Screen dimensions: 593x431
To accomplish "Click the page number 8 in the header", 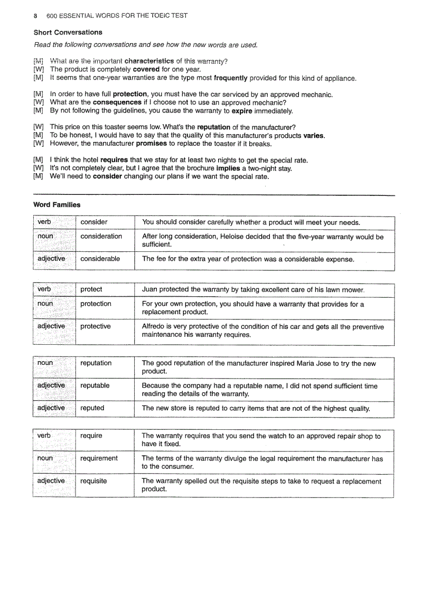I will pyautogui.click(x=35, y=15).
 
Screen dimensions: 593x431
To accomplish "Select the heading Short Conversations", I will pyautogui.click(x=68, y=32).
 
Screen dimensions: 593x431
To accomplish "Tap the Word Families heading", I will pyautogui.click(x=57, y=204).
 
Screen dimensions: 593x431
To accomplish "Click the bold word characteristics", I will pyautogui.click(x=149, y=61).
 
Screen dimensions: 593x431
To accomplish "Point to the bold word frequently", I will pyautogui.click(x=230, y=78).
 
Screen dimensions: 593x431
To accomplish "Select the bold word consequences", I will pyautogui.click(x=117, y=102).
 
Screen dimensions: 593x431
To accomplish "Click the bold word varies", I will pyautogui.click(x=314, y=136).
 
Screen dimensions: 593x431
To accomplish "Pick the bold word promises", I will pyautogui.click(x=152, y=144).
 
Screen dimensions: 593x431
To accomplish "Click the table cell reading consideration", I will pyautogui.click(x=101, y=236).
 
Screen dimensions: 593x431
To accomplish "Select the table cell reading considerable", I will pyautogui.click(x=100, y=259).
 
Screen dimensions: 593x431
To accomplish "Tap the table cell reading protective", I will pyautogui.click(x=96, y=326).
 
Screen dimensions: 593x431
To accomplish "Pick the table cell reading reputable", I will pyautogui.click(x=95, y=385).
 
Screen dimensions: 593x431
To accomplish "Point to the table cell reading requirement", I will pyautogui.click(x=99, y=458).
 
